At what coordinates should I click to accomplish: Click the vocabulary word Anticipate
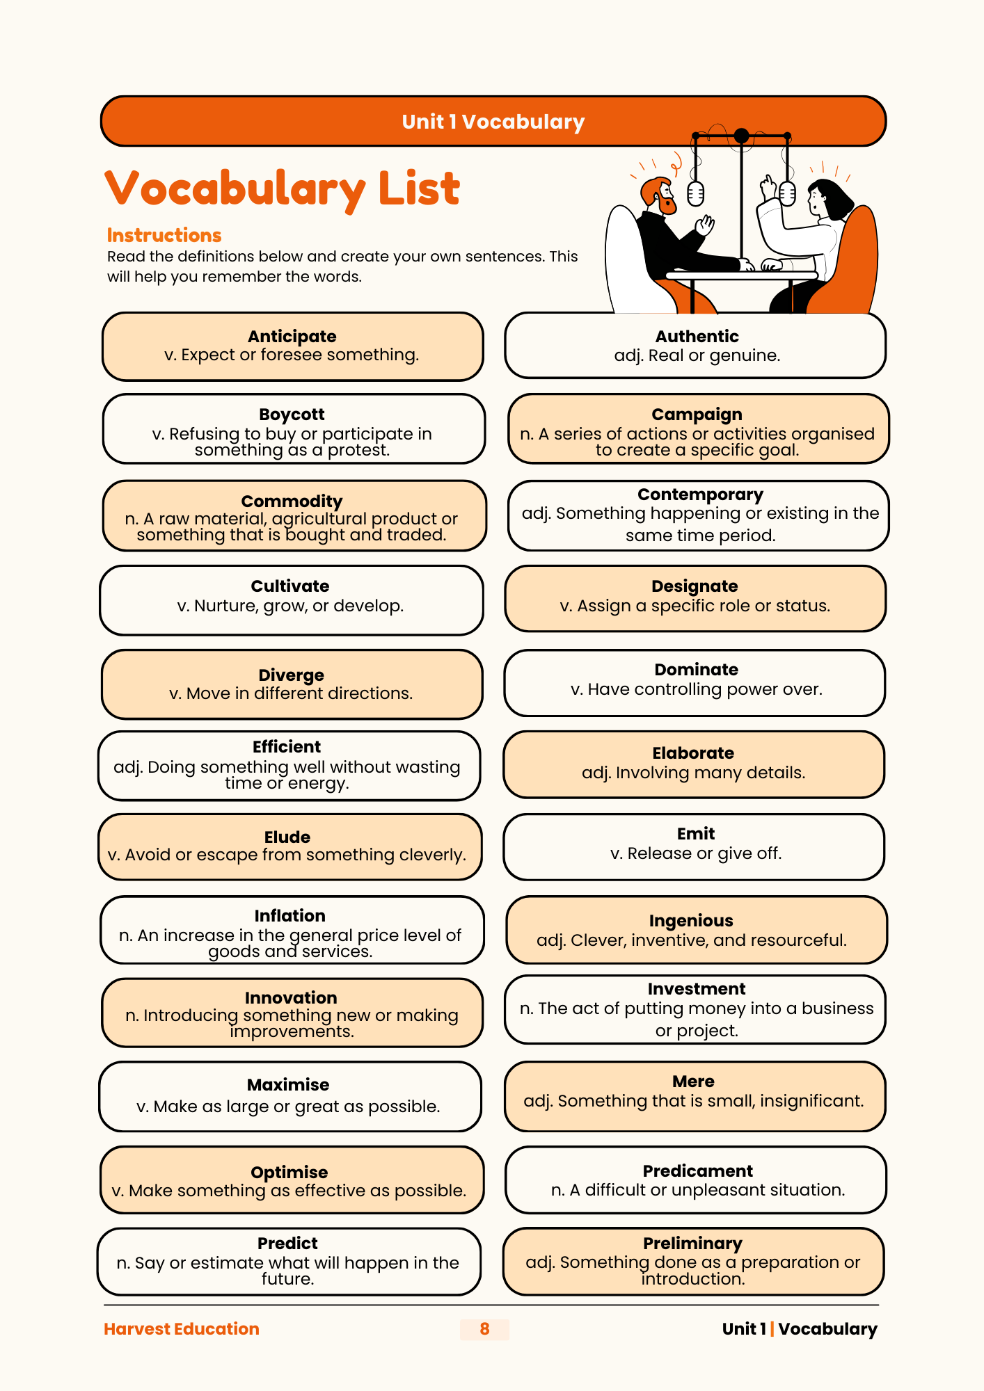point(292,337)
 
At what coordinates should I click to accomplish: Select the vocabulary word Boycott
point(292,415)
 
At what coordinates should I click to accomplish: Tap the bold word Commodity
point(292,501)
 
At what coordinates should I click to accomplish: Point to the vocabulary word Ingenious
point(691,921)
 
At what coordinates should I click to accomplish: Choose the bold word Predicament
point(697,1171)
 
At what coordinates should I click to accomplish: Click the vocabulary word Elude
point(287,837)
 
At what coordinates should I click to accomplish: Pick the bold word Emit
point(696,834)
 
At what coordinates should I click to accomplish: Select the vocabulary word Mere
point(693,1082)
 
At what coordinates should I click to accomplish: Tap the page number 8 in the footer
point(484,1329)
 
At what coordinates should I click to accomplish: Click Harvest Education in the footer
point(181,1329)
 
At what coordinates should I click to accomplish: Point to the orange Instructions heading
point(164,235)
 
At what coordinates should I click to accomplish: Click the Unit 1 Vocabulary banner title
point(493,122)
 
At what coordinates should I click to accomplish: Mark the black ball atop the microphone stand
point(742,136)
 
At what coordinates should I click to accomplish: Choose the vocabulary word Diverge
point(291,675)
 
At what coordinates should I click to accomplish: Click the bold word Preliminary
point(692,1244)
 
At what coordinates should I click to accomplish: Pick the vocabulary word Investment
point(696,989)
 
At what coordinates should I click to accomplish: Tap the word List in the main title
point(418,188)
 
